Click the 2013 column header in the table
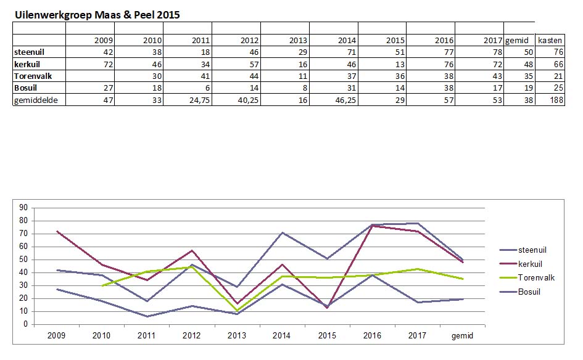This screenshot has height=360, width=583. tap(297, 41)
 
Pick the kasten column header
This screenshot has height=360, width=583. tap(550, 41)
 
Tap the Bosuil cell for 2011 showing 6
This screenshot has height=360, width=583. tap(207, 88)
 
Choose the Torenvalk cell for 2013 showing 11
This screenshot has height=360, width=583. tap(301, 76)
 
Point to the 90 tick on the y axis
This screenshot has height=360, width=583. tap(25, 208)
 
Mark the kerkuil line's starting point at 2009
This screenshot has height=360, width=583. tap(57, 231)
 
